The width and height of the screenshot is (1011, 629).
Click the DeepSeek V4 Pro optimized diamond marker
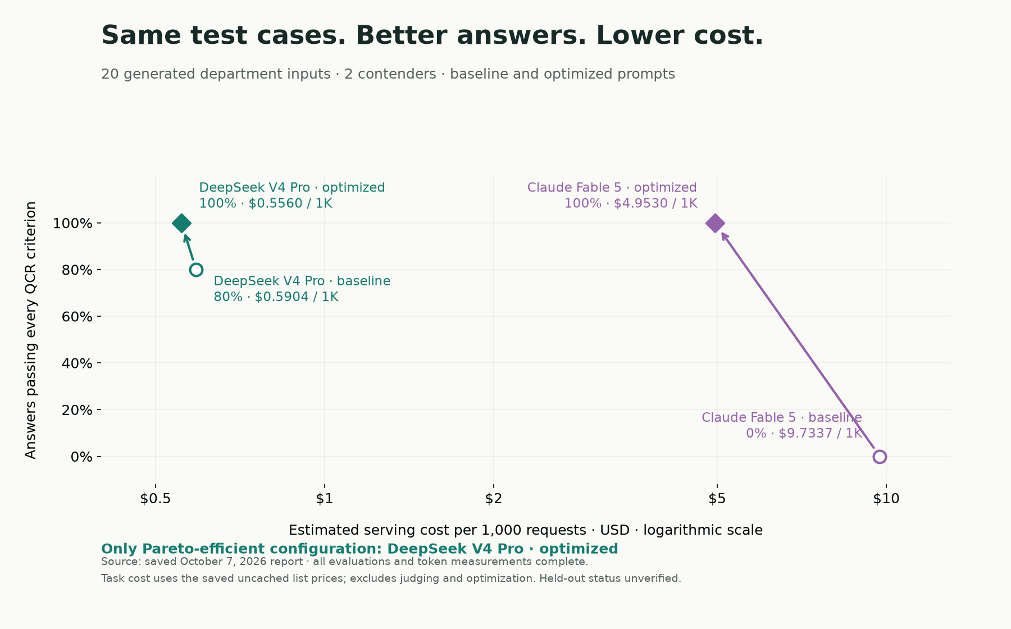[x=181, y=224]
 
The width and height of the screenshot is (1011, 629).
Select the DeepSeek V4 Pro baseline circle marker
[x=196, y=270]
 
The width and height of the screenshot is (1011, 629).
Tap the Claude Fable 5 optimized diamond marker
[x=714, y=224]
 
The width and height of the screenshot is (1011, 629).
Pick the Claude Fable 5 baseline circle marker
[x=880, y=457]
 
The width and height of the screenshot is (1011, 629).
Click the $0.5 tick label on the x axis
[x=156, y=499]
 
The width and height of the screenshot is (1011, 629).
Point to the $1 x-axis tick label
[x=325, y=499]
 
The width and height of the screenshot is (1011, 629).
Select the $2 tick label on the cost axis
[x=493, y=499]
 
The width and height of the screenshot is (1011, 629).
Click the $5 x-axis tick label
[x=717, y=499]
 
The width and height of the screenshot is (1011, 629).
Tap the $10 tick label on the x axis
[x=886, y=499]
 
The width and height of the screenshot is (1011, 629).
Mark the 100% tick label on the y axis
[x=72, y=224]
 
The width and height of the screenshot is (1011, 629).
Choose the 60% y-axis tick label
[x=77, y=317]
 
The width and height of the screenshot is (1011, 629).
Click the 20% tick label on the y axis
[x=77, y=410]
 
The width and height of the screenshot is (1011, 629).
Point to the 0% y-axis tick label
[x=81, y=457]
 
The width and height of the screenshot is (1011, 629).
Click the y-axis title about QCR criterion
[x=31, y=330]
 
